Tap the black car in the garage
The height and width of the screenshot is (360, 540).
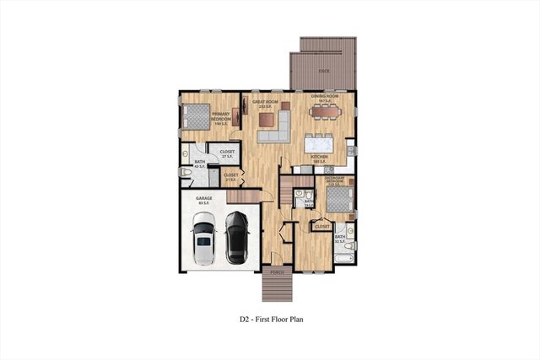click(x=236, y=236)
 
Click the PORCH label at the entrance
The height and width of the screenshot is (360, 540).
click(x=275, y=271)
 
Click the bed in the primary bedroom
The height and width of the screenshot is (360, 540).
click(x=196, y=116)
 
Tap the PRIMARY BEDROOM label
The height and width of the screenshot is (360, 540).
click(x=222, y=117)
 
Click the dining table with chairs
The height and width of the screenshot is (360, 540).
click(x=325, y=111)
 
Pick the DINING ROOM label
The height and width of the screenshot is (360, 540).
click(x=325, y=98)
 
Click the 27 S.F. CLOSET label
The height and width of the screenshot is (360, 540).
click(x=226, y=153)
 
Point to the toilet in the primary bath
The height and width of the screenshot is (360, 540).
click(x=186, y=173)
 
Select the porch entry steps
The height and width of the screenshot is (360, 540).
click(x=275, y=289)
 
